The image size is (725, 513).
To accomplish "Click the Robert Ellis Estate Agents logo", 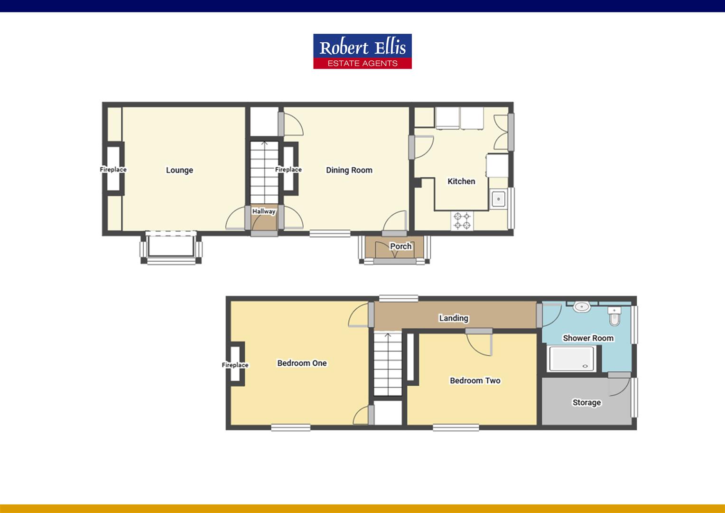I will click(362, 51).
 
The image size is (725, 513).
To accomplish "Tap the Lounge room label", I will click(179, 170).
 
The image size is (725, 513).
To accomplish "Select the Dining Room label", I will click(349, 170).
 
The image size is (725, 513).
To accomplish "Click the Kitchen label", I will click(461, 181).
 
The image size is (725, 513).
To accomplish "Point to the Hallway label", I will click(264, 211).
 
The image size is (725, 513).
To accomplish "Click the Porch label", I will click(400, 246).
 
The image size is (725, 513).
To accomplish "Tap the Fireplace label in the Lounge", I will click(113, 170).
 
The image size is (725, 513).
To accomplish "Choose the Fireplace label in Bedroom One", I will click(235, 365).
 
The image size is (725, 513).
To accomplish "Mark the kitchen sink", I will click(498, 199).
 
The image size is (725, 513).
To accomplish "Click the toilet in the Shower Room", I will click(614, 316).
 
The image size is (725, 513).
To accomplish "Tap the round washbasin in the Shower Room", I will click(581, 306).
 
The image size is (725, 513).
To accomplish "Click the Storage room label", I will click(586, 402).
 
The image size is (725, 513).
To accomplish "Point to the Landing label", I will click(454, 318).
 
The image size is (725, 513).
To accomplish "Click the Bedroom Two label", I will click(475, 380).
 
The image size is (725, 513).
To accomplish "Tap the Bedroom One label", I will click(302, 363).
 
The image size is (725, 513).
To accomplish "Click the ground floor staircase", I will click(264, 172).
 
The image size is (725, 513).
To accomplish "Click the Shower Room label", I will click(588, 338).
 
